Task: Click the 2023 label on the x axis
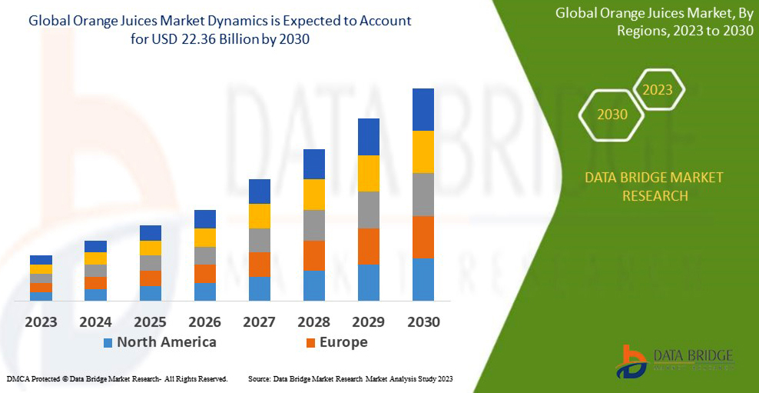[x=41, y=321]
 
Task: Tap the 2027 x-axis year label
[x=260, y=321]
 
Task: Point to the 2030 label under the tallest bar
[x=423, y=321]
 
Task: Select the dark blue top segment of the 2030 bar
[x=423, y=109]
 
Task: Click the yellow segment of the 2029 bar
[x=369, y=173]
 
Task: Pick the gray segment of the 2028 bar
[x=314, y=225]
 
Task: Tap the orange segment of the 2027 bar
[x=260, y=264]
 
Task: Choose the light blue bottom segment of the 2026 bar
[x=205, y=291]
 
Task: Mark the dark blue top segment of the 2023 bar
[x=41, y=260]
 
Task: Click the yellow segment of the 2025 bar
[x=151, y=248]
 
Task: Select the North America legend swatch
[x=108, y=342]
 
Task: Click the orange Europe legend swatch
[x=310, y=342]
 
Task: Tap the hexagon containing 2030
[x=612, y=115]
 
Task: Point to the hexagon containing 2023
[x=657, y=90]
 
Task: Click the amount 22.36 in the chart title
[x=206, y=39]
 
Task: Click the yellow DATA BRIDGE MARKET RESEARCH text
[x=654, y=186]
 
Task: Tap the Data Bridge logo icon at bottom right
[x=631, y=361]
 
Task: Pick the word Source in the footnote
[x=260, y=379]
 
